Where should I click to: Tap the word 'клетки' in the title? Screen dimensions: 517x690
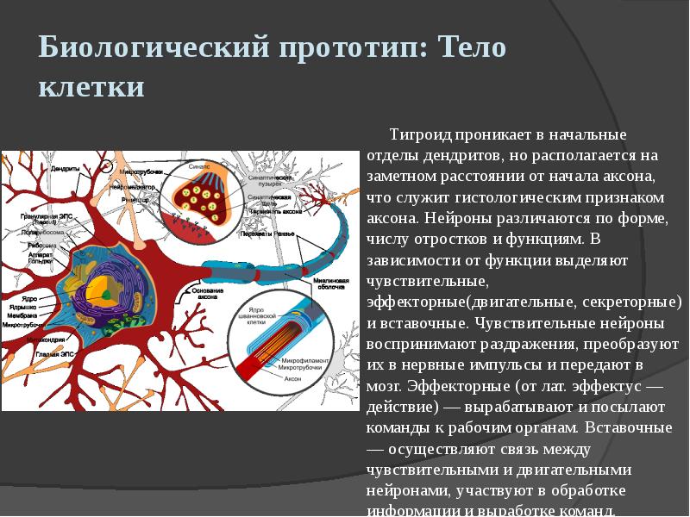click(x=91, y=87)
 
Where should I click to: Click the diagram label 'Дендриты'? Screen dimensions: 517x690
click(x=65, y=168)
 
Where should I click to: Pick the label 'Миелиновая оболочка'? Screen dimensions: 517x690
click(x=330, y=285)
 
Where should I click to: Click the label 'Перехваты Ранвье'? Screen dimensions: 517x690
click(x=268, y=234)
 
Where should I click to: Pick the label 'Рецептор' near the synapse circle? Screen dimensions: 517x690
click(x=135, y=199)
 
